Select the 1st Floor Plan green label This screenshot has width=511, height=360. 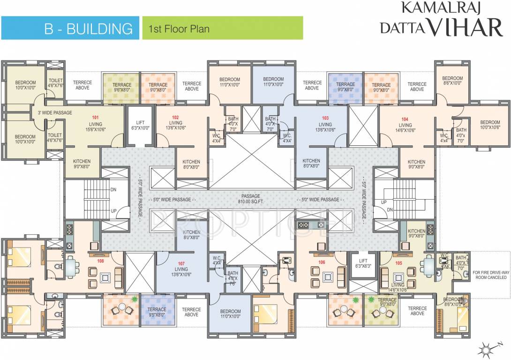[x=179, y=29]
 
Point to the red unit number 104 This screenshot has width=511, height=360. [x=405, y=119]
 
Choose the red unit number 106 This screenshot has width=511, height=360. [x=322, y=262]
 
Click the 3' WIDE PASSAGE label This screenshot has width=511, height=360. [x=52, y=113]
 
